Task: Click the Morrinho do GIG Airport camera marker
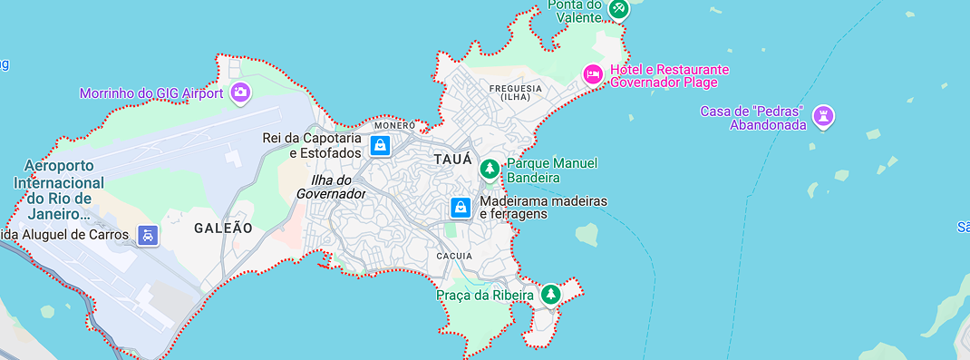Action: (x=240, y=92)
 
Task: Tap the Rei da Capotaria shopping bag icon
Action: (x=380, y=144)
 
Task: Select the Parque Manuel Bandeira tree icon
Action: (x=490, y=168)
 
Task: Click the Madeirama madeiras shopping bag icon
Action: (x=461, y=208)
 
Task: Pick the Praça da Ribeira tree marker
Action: (x=550, y=294)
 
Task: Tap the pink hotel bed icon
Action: (x=593, y=74)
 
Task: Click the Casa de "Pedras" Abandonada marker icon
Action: (x=824, y=115)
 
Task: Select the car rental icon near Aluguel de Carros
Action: (x=148, y=235)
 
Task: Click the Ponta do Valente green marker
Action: (x=618, y=8)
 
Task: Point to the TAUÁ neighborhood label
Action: (x=453, y=160)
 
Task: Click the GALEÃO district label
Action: (x=223, y=229)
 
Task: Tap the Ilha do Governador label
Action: (x=331, y=186)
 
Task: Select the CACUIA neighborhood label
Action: (x=454, y=257)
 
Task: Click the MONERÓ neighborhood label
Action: (x=395, y=125)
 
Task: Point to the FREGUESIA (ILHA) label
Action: (x=515, y=92)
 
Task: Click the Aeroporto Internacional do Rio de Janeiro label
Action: (x=59, y=190)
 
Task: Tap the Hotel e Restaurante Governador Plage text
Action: (x=669, y=76)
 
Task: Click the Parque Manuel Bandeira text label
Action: (x=552, y=169)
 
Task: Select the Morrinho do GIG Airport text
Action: (x=151, y=92)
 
